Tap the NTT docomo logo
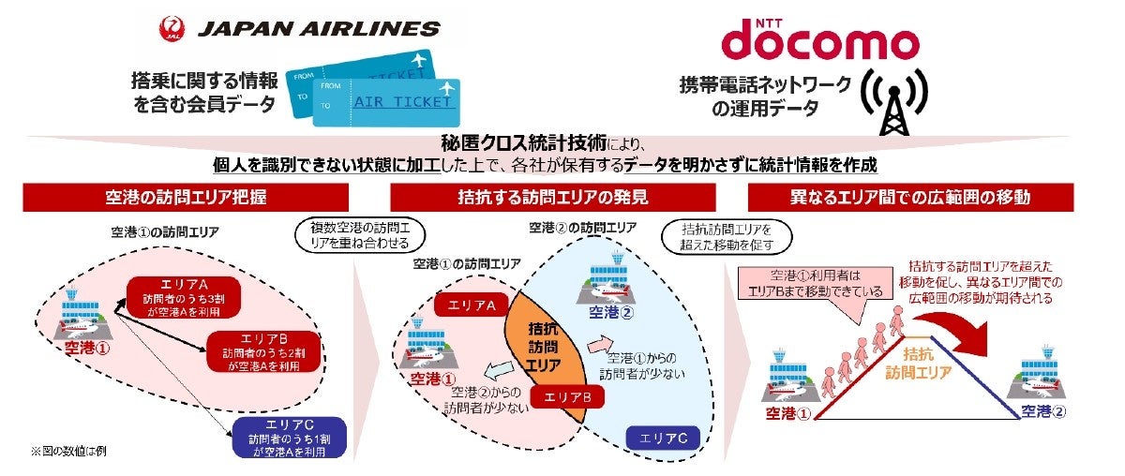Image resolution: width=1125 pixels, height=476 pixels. [x=818, y=37]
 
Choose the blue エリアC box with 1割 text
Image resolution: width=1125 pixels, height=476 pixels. [x=284, y=437]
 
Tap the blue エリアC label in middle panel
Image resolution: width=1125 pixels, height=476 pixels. [x=664, y=437]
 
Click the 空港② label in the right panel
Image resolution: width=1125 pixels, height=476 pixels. [x=1042, y=410]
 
